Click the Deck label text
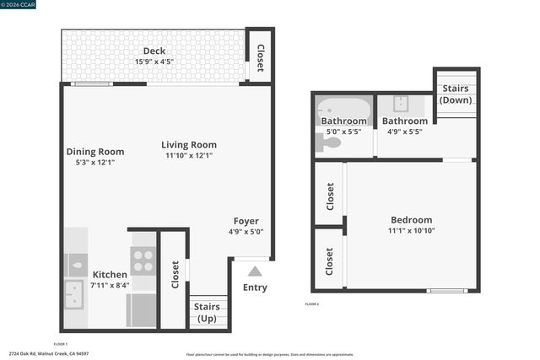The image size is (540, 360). click(x=154, y=51)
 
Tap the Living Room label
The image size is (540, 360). click(x=189, y=144)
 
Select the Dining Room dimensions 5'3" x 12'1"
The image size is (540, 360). click(x=95, y=163)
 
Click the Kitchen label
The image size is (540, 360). click(x=110, y=275)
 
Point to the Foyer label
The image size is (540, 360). click(x=246, y=222)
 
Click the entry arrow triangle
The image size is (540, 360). click(x=255, y=271)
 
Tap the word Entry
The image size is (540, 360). click(x=255, y=287)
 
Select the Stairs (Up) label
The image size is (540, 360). click(x=207, y=313)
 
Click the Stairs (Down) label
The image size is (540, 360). click(x=456, y=94)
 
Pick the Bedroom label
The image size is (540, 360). click(x=411, y=220)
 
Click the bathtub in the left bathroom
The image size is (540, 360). click(x=343, y=109)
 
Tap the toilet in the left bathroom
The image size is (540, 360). click(x=327, y=143)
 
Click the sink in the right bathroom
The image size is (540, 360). click(x=402, y=104)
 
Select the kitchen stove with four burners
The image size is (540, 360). click(x=143, y=259)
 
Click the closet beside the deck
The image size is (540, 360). click(x=259, y=57)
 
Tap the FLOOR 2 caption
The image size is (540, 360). click(x=312, y=304)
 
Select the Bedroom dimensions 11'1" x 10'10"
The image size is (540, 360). click(x=411, y=231)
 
